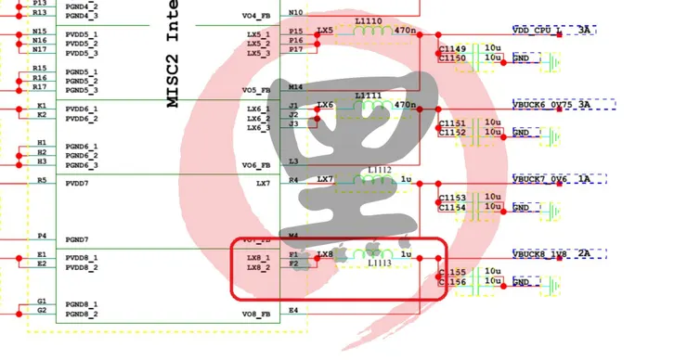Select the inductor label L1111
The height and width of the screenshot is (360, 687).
tap(368, 96)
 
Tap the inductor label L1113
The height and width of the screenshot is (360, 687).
tap(375, 264)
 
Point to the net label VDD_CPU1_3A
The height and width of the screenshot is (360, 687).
tap(552, 31)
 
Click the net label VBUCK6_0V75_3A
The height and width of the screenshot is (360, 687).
tap(551, 105)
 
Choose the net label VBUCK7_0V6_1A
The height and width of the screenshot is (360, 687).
tap(551, 179)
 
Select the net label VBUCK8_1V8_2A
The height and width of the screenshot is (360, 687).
tap(551, 254)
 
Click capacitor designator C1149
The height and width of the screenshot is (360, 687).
tap(452, 48)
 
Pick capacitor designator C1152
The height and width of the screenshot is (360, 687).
tap(452, 133)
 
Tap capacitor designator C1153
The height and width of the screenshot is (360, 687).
tap(452, 198)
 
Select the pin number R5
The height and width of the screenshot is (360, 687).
tap(41, 180)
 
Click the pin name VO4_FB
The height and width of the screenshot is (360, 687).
tap(255, 16)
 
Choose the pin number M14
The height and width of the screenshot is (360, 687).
tap(295, 87)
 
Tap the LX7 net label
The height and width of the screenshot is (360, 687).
tap(325, 179)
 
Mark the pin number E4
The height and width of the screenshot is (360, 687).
tap(293, 310)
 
